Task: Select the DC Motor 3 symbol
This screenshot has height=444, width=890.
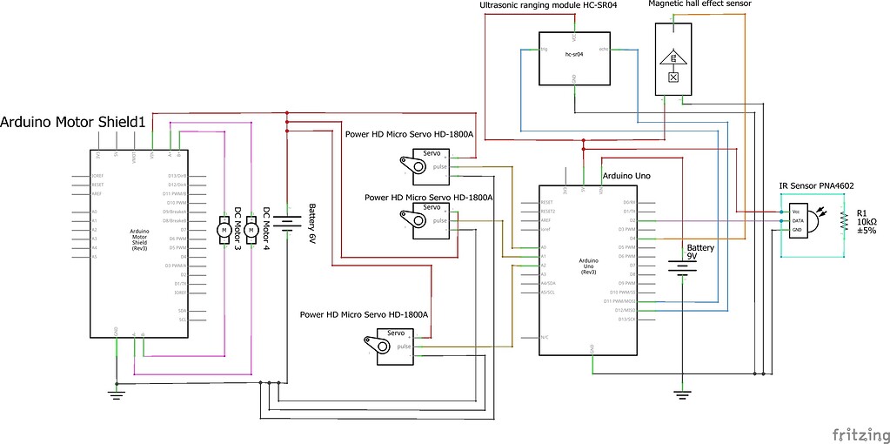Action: point(223,228)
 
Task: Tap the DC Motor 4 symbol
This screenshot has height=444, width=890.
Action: point(251,228)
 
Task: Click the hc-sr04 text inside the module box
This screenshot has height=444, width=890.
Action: point(573,54)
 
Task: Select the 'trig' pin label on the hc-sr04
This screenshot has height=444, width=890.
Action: point(545,50)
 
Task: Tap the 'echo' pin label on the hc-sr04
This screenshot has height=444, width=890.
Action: point(602,50)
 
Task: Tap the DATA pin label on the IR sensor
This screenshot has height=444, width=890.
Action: point(797,221)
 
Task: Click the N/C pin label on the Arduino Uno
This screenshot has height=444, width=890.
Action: point(544,337)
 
